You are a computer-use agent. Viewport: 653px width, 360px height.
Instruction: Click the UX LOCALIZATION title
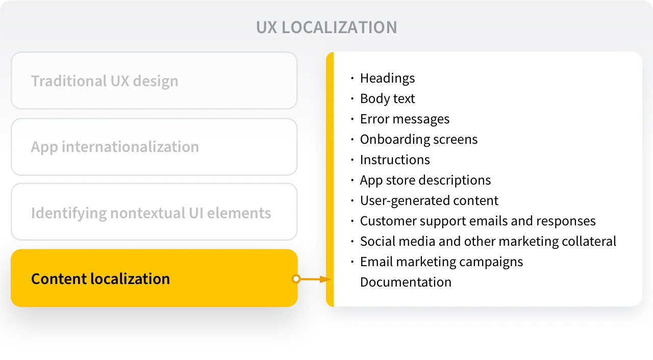click(x=326, y=27)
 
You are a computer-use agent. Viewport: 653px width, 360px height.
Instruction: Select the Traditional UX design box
click(x=154, y=81)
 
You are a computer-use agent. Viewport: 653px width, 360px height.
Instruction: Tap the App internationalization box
click(x=154, y=147)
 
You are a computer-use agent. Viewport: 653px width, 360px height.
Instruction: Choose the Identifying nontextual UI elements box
click(x=154, y=213)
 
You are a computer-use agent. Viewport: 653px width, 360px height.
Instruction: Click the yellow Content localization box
click(x=154, y=278)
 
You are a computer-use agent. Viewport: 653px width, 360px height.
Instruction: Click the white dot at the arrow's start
click(x=296, y=279)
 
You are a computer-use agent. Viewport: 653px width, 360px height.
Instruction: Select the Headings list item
click(x=387, y=78)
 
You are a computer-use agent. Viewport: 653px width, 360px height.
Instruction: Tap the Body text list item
click(x=387, y=98)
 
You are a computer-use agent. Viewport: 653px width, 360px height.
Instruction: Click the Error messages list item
click(x=405, y=119)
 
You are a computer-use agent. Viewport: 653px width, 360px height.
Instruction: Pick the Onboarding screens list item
click(x=418, y=139)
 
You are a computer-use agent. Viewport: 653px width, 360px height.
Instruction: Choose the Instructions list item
click(x=395, y=160)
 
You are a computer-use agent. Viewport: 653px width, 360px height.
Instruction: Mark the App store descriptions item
click(x=425, y=180)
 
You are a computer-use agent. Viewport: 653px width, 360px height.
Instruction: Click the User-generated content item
click(x=429, y=200)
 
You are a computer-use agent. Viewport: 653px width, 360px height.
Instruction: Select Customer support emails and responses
click(x=478, y=221)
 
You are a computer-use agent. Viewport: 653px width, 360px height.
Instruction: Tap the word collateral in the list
click(x=592, y=241)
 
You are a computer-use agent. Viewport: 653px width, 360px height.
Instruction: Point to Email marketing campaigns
click(x=441, y=262)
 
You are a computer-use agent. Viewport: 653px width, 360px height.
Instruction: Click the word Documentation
click(x=406, y=282)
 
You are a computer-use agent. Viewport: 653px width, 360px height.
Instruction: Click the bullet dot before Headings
click(x=352, y=79)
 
